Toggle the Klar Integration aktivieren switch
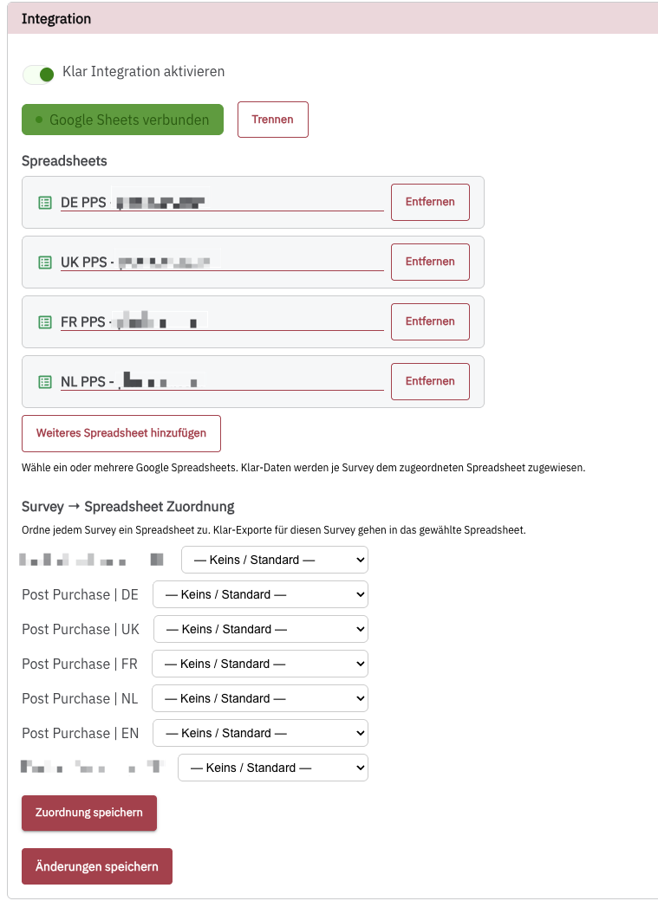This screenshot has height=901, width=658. coord(39,75)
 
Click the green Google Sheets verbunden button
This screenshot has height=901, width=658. coord(122,120)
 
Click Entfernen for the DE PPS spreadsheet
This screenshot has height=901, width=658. coord(430,202)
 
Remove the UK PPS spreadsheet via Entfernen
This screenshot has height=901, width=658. coord(430,262)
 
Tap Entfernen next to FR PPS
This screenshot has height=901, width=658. coord(430,321)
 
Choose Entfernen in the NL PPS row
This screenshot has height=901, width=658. coord(430,381)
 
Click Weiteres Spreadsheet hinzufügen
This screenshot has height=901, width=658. coord(121,433)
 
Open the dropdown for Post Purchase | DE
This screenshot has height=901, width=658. coord(260,594)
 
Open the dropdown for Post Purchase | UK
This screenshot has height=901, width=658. coord(260,629)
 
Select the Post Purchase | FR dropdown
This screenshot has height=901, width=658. coord(260,664)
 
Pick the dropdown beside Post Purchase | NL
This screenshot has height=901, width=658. coord(260,698)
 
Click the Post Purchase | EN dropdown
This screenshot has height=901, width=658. coord(260,733)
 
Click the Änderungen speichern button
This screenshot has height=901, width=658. coord(97,866)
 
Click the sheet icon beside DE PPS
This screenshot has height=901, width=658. coord(45,203)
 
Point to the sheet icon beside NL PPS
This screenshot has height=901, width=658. coord(45,382)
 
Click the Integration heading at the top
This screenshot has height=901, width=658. coord(56,18)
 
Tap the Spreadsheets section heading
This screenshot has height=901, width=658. coord(64,161)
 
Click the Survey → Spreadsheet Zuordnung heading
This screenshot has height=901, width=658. coord(128,507)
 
